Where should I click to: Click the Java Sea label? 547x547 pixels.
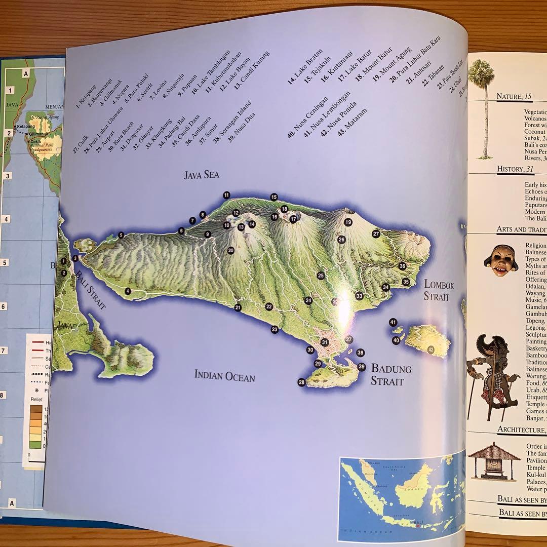click(x=201, y=176)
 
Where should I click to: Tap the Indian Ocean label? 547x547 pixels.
click(x=224, y=376)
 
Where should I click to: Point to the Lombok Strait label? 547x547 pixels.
click(x=439, y=290)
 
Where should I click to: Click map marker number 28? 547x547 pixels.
click(x=302, y=382)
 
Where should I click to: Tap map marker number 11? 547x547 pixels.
click(x=226, y=195)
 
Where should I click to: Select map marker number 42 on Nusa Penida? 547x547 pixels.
click(x=431, y=349)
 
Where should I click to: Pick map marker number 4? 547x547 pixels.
click(x=128, y=291)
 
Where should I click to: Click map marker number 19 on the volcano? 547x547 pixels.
click(x=348, y=222)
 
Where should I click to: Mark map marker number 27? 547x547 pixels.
click(x=376, y=233)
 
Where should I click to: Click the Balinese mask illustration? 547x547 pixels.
click(x=500, y=260)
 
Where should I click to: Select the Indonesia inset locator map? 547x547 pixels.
click(x=401, y=492)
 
